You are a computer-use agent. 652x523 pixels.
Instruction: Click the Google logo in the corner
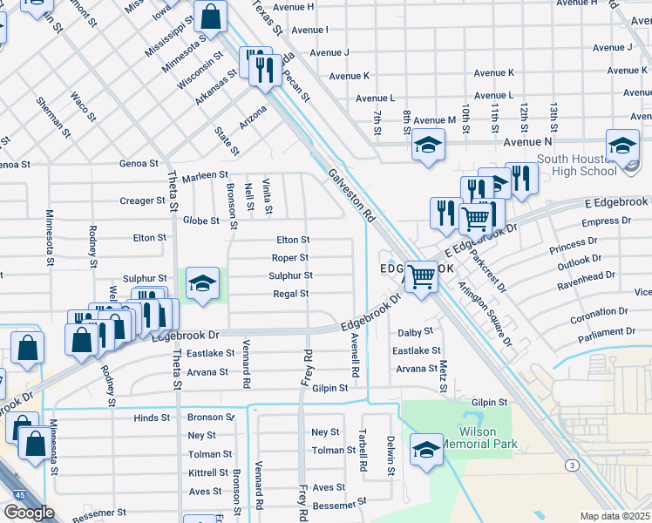(29, 513)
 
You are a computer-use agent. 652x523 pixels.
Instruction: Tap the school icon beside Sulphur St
(202, 285)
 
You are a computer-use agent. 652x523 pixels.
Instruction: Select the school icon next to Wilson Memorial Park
(425, 451)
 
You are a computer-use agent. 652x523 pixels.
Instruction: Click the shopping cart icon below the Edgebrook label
(421, 278)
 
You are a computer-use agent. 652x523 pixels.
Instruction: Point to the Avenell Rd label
(355, 354)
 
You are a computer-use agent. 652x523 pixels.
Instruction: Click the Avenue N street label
(527, 140)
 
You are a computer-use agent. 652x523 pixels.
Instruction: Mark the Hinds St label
(152, 418)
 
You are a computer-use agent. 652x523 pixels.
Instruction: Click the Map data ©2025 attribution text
(615, 516)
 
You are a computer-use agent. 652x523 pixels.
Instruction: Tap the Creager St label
(142, 200)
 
